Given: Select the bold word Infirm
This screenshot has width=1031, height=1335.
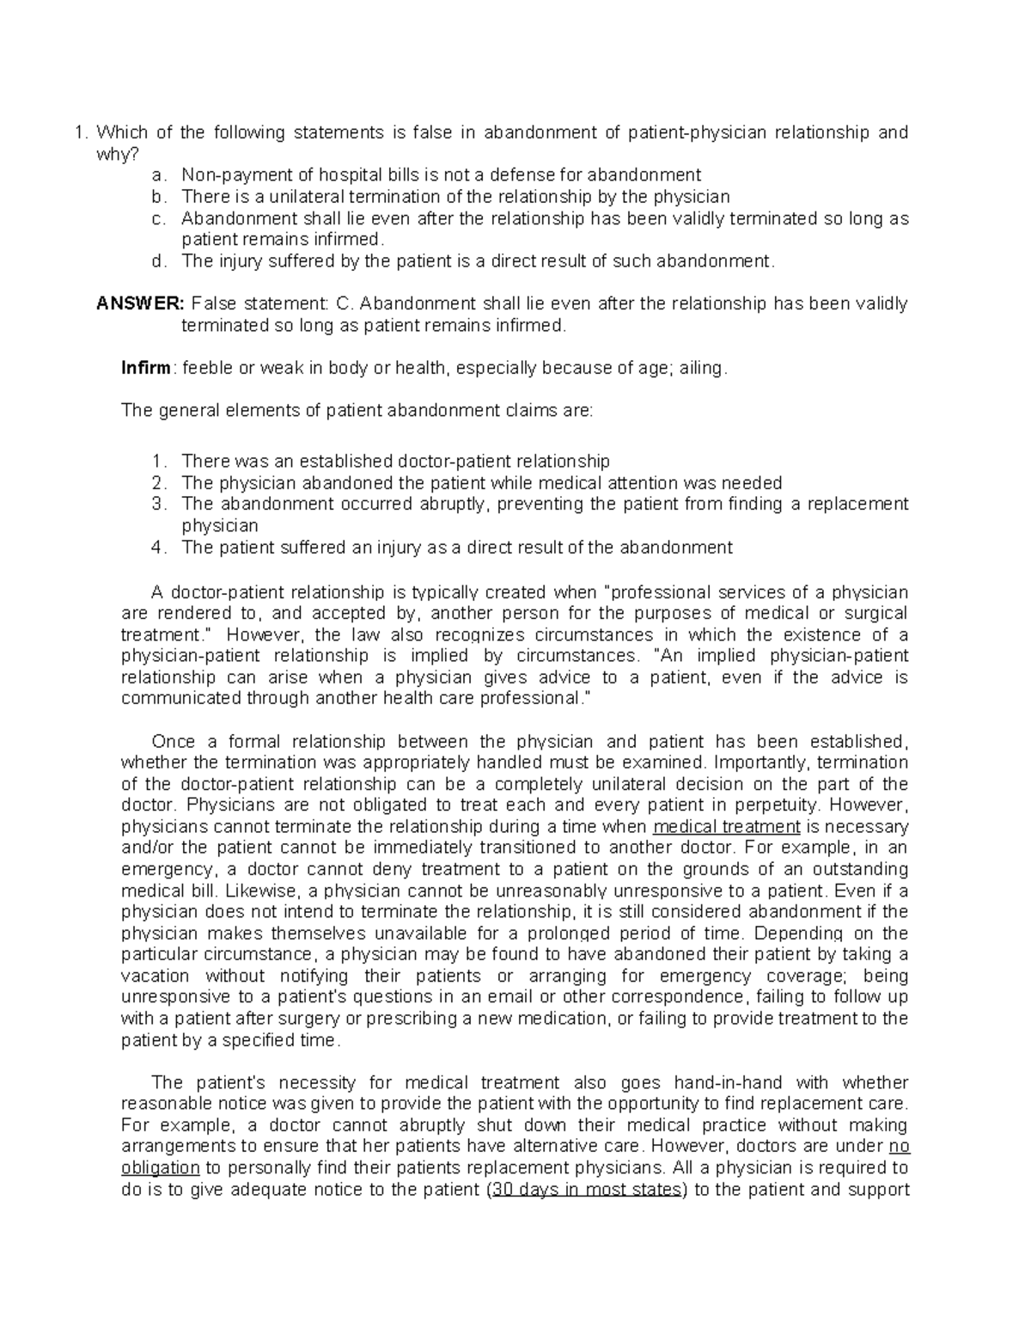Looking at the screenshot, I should click(146, 369).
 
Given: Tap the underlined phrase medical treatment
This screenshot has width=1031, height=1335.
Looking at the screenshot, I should click(727, 827).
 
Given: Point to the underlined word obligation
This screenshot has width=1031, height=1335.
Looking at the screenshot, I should click(161, 1168).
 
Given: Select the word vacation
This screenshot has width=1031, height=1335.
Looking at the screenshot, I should click(155, 977).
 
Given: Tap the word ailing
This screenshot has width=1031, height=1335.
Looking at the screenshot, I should click(703, 369).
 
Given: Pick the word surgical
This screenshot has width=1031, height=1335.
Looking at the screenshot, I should click(875, 614).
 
